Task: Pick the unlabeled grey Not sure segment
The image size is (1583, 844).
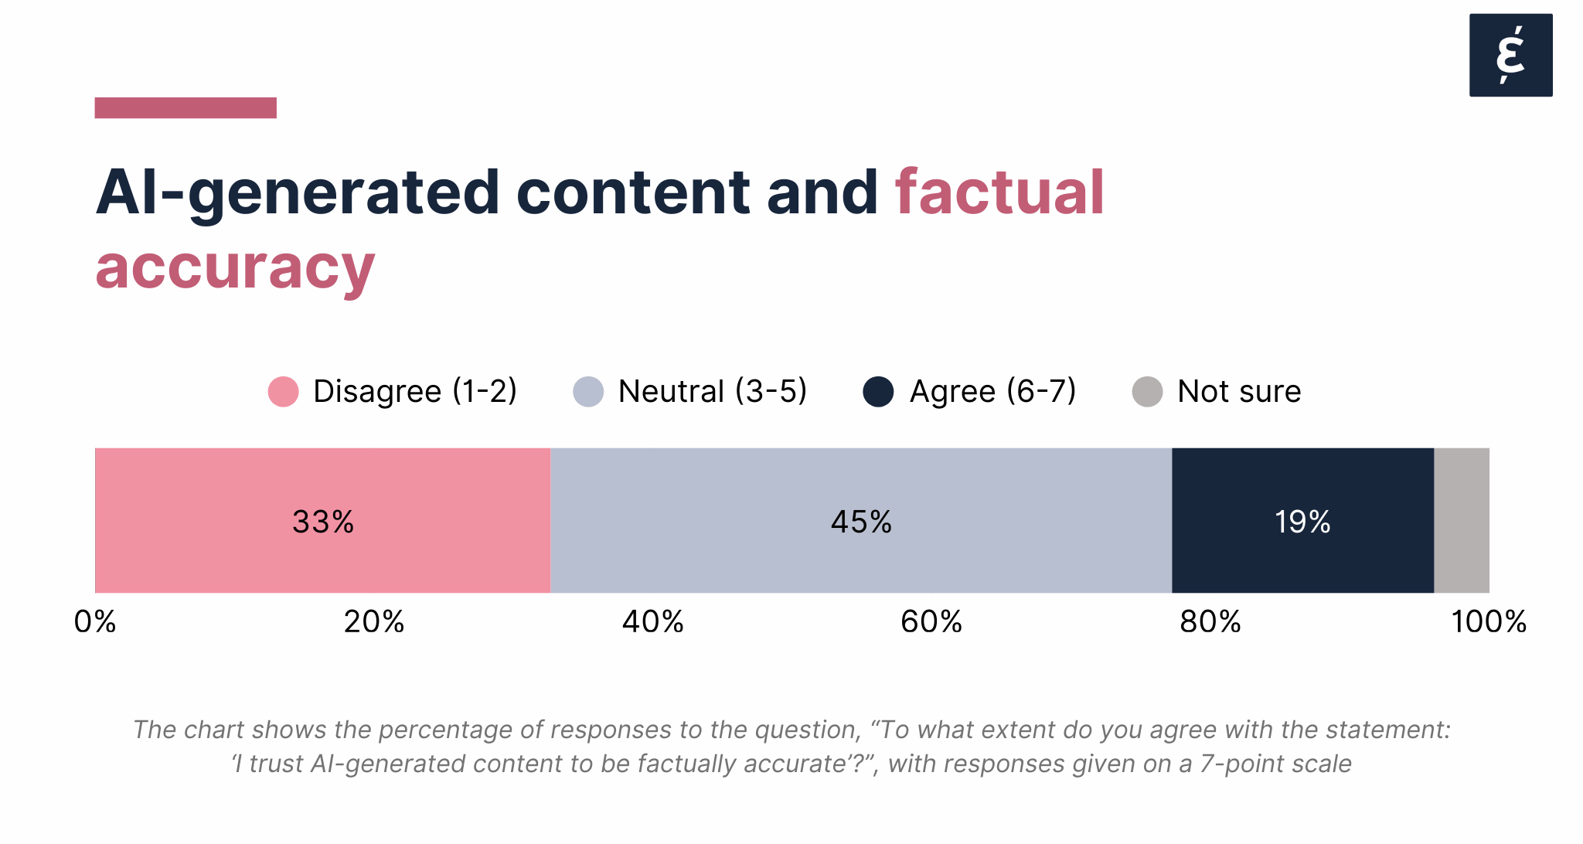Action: pos(1462,520)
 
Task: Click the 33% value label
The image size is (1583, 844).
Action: pos(323,522)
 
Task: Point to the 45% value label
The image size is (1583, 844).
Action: pos(861,522)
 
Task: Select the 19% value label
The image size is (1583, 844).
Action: pos(1302,522)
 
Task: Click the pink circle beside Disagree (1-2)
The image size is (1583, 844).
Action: pos(283,391)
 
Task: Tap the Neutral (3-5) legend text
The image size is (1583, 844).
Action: pos(712,391)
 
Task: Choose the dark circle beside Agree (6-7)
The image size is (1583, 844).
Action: pos(878,391)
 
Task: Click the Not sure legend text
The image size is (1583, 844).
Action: pos(1238,391)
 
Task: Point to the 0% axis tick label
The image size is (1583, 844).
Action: pos(95,621)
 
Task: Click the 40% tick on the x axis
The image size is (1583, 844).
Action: pos(653,621)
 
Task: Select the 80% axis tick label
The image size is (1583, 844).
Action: pos(1210,621)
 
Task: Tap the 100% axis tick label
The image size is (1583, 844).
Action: pos(1489,621)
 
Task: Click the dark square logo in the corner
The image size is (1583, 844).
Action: pos(1510,55)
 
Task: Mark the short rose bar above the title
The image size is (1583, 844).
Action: pos(186,107)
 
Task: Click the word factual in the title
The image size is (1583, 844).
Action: pos(999,192)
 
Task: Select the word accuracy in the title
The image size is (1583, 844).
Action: pos(235,267)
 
